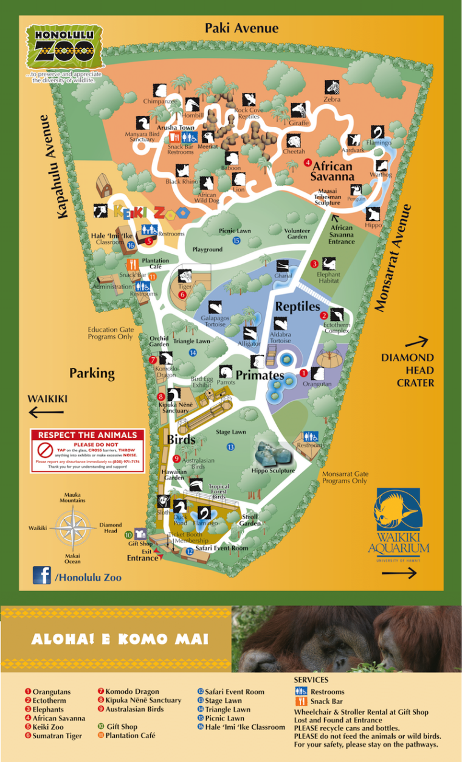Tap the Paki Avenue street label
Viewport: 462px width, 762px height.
tap(241, 28)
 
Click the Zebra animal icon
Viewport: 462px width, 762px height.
tap(331, 87)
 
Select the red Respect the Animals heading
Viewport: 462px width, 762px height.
tap(88, 435)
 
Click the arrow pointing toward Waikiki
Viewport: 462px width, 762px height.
tap(46, 413)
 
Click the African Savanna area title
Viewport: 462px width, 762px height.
tap(332, 172)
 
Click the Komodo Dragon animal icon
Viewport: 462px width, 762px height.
tap(165, 358)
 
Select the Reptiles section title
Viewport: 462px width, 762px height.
tap(297, 307)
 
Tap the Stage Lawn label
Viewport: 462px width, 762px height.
tap(231, 432)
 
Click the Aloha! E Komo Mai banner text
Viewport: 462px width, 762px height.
tap(119, 640)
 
